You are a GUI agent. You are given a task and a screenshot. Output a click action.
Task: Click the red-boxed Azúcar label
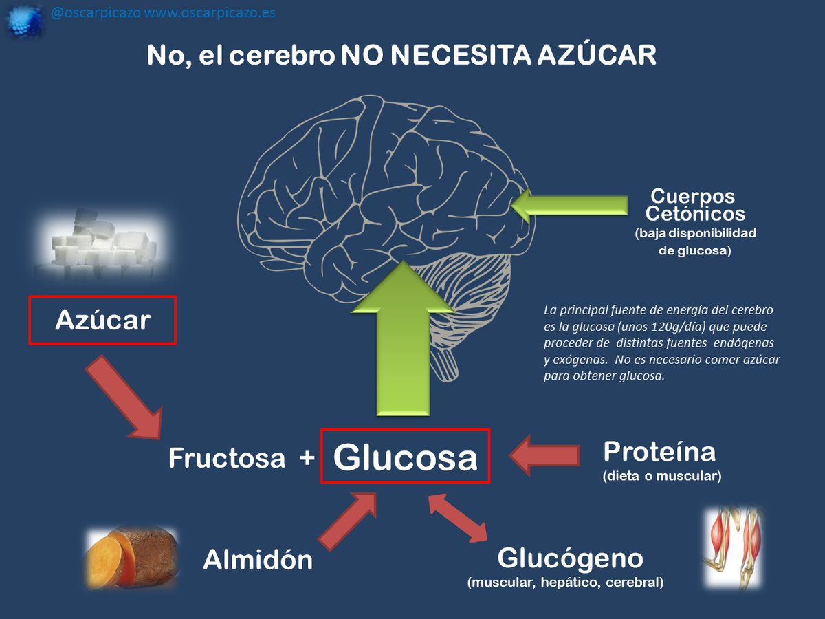(102, 320)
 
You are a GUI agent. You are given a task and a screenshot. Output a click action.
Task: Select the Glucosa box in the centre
(405, 456)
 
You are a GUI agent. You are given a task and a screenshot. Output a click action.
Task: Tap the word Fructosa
(227, 458)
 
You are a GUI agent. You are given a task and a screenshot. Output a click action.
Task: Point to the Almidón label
(258, 561)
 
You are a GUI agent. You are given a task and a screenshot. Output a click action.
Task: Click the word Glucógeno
(570, 558)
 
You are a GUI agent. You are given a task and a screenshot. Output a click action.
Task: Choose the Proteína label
(659, 452)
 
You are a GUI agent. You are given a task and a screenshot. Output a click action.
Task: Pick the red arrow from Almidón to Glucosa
(347, 520)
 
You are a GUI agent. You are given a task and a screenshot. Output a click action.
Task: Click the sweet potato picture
(131, 558)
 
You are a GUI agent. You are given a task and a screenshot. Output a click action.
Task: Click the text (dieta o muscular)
(661, 475)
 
